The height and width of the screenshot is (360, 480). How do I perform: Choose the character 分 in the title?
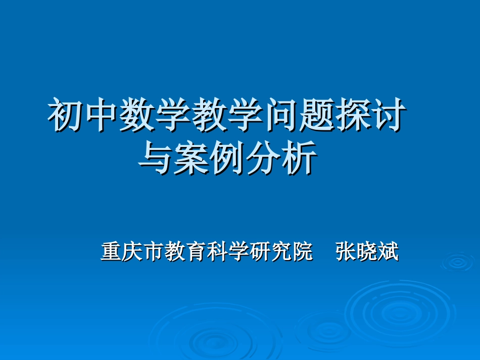pos(263,160)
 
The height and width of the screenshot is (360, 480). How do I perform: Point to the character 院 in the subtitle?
pos(303,251)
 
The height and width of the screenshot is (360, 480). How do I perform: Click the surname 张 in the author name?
pos(346,251)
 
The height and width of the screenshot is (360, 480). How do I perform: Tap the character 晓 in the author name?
pos(367,251)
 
